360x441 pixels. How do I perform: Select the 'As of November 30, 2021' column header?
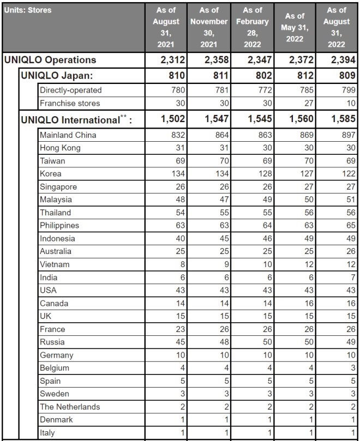tap(209, 27)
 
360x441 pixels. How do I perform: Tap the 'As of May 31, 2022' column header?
tap(295, 27)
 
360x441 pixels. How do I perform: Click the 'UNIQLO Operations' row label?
tap(50, 60)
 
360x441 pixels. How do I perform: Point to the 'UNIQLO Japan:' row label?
tap(56, 76)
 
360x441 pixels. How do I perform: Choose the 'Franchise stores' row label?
tap(70, 103)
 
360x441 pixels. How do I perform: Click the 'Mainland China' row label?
tap(68, 135)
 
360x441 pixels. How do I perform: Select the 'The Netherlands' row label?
tap(70, 406)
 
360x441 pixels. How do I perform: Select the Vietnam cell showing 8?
tap(182, 264)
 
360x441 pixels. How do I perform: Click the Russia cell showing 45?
tap(179, 342)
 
